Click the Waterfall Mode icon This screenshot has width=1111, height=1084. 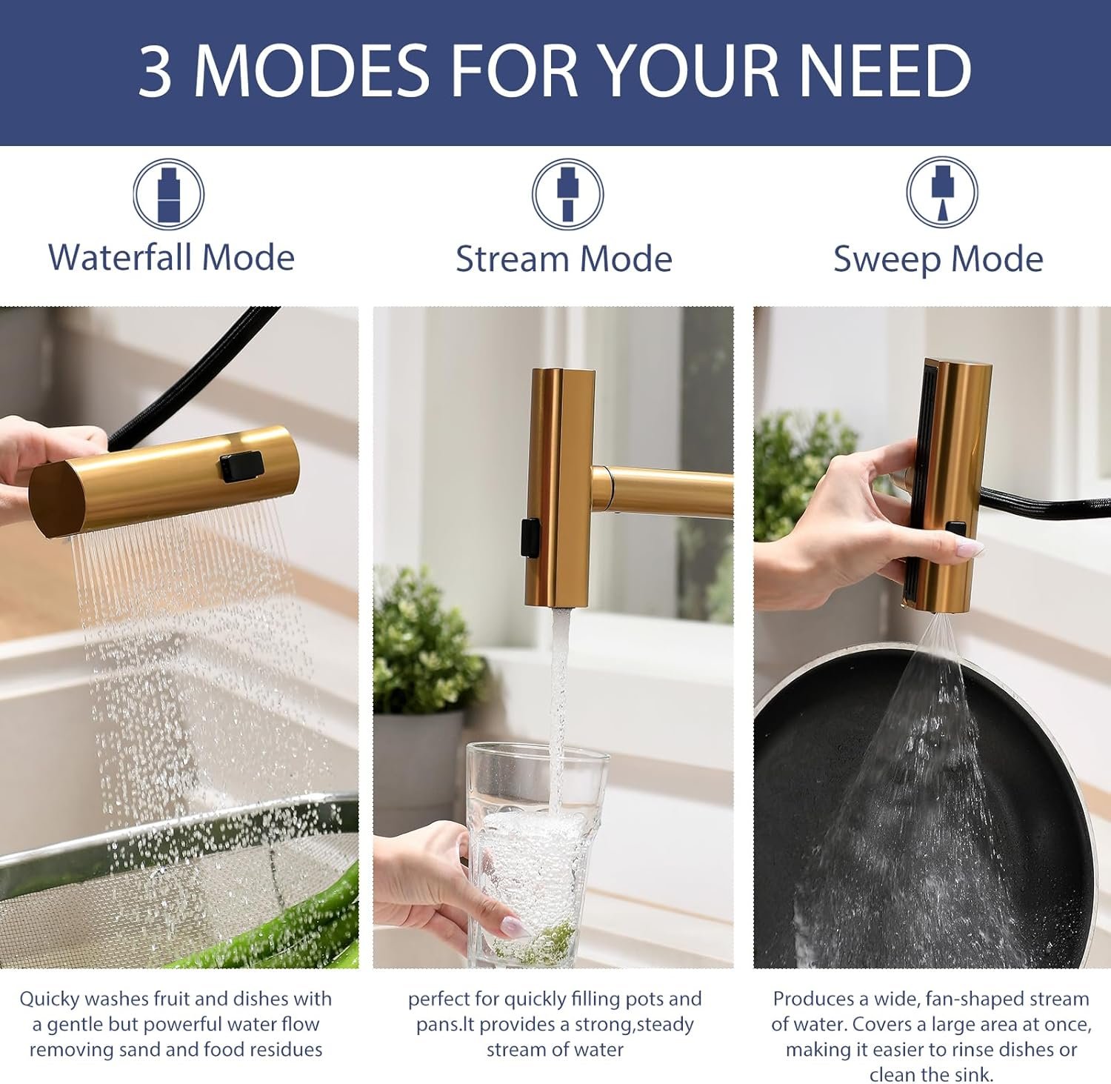[x=169, y=195]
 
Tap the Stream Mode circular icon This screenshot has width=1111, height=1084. [x=567, y=195]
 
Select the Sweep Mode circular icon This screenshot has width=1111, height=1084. [x=942, y=193]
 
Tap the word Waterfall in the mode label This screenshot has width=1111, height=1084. [x=120, y=258]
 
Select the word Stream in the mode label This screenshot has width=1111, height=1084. [x=512, y=259]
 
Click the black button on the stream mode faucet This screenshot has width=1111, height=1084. [x=530, y=538]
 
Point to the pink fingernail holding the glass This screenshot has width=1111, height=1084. [x=513, y=926]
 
